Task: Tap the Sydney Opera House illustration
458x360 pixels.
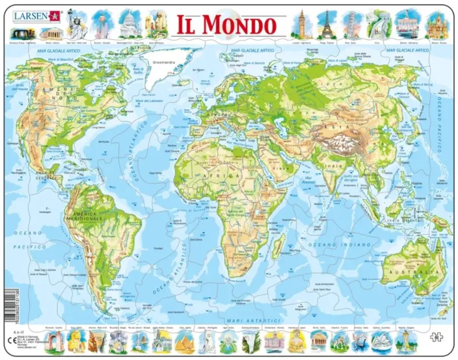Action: (x=380, y=342)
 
